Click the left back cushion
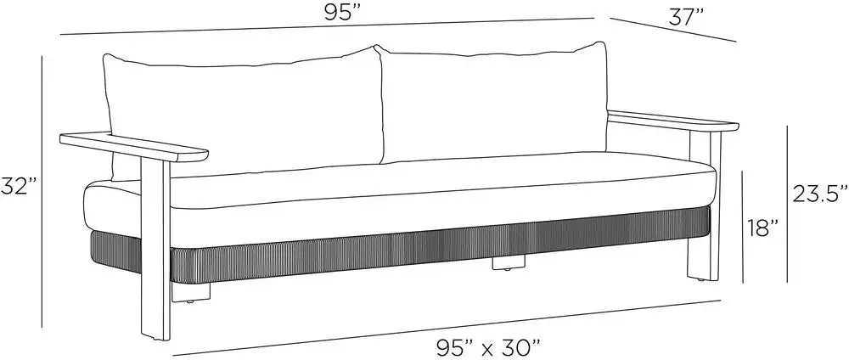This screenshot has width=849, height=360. coord(244,114)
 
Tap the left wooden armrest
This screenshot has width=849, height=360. coord(134,147)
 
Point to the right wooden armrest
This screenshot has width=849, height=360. coord(673,121)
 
